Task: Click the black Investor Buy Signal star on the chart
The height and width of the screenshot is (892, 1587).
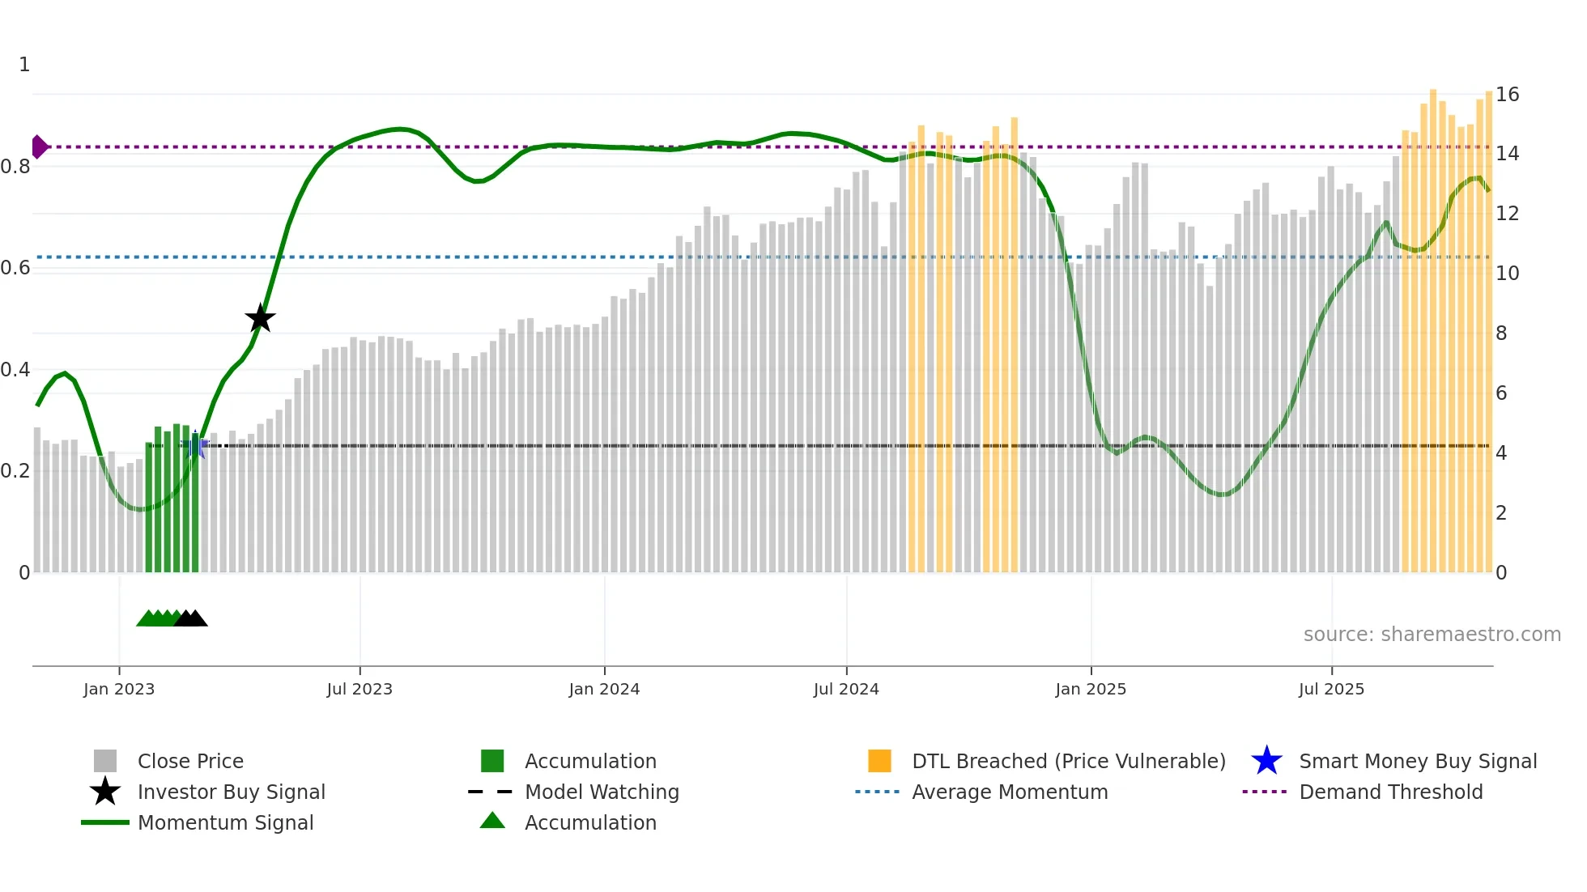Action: click(260, 319)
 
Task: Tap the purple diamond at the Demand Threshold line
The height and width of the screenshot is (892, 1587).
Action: click(39, 147)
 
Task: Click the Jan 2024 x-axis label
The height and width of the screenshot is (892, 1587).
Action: click(604, 689)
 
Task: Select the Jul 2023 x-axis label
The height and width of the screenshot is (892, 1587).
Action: click(360, 689)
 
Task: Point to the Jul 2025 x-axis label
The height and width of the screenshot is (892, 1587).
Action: click(1331, 689)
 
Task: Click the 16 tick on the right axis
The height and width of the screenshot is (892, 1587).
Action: click(1507, 95)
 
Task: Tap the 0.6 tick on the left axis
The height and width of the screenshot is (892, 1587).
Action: click(16, 268)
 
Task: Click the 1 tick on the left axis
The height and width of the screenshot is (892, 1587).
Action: click(24, 65)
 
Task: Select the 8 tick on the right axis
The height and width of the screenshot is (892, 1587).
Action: click(1501, 333)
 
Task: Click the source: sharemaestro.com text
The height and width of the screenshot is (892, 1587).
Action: click(1432, 635)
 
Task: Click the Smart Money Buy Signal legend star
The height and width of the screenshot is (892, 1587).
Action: click(1266, 761)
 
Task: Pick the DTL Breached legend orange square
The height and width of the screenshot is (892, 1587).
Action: click(879, 761)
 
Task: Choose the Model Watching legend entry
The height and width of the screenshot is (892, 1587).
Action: click(602, 792)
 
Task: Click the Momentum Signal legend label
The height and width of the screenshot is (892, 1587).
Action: click(225, 822)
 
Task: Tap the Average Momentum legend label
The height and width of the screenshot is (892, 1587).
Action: click(1010, 792)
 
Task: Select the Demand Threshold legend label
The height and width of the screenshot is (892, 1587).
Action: click(1390, 792)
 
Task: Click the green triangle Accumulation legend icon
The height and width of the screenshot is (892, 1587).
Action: click(492, 821)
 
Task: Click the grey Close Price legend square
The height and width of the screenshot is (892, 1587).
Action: click(105, 761)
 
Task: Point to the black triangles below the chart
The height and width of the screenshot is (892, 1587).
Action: click(191, 618)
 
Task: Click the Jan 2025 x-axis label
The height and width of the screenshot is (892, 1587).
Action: click(1091, 689)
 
